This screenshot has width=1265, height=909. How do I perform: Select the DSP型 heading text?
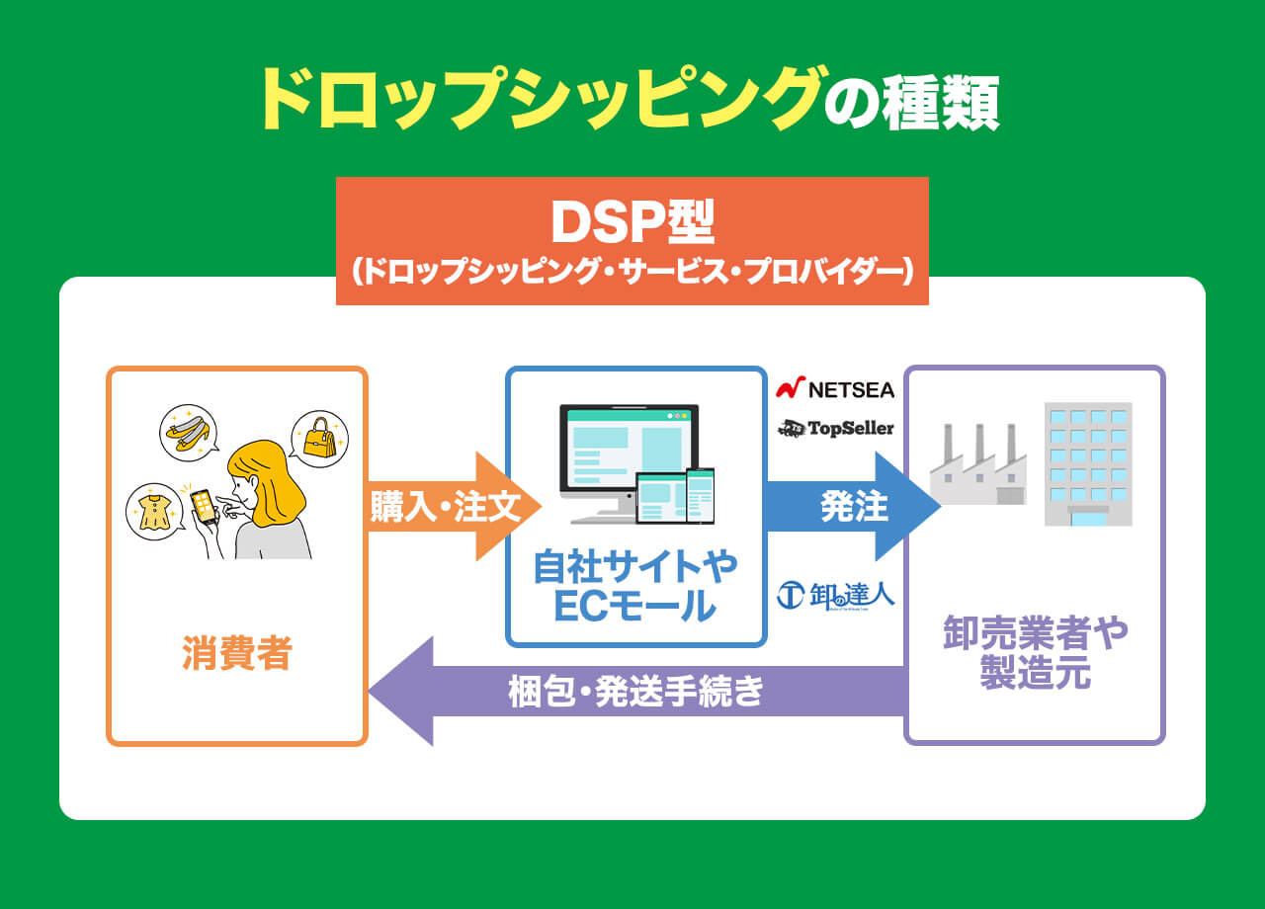632,224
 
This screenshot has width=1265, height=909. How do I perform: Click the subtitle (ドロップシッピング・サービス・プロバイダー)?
632,273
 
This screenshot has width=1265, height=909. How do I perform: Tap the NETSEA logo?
835,389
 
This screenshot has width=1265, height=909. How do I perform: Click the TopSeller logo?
835,428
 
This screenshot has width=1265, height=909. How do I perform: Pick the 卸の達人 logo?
835,594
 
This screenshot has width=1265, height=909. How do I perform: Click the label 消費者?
237,654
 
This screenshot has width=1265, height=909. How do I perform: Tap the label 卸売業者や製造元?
1035,653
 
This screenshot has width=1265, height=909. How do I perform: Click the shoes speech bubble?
188,433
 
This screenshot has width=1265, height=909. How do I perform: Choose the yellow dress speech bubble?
155,511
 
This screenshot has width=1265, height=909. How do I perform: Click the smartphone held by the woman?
203,508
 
